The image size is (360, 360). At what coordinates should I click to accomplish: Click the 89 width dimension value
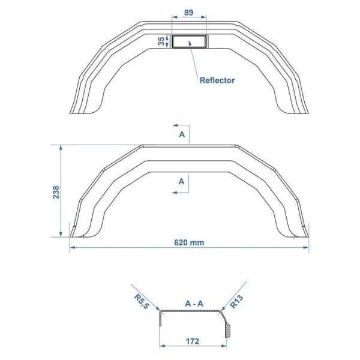click(189, 13)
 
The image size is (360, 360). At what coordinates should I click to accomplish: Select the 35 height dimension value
click(161, 41)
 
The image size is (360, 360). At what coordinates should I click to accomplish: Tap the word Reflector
click(217, 80)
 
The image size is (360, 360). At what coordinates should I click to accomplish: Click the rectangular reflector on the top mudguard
click(190, 41)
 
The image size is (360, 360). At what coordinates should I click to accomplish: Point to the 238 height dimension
click(56, 191)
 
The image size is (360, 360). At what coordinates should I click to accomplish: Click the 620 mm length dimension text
click(190, 243)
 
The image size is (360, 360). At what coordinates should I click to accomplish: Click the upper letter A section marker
click(182, 135)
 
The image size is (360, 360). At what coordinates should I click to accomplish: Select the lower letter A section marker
click(182, 180)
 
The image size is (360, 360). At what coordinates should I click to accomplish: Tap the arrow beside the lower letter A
click(180, 191)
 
